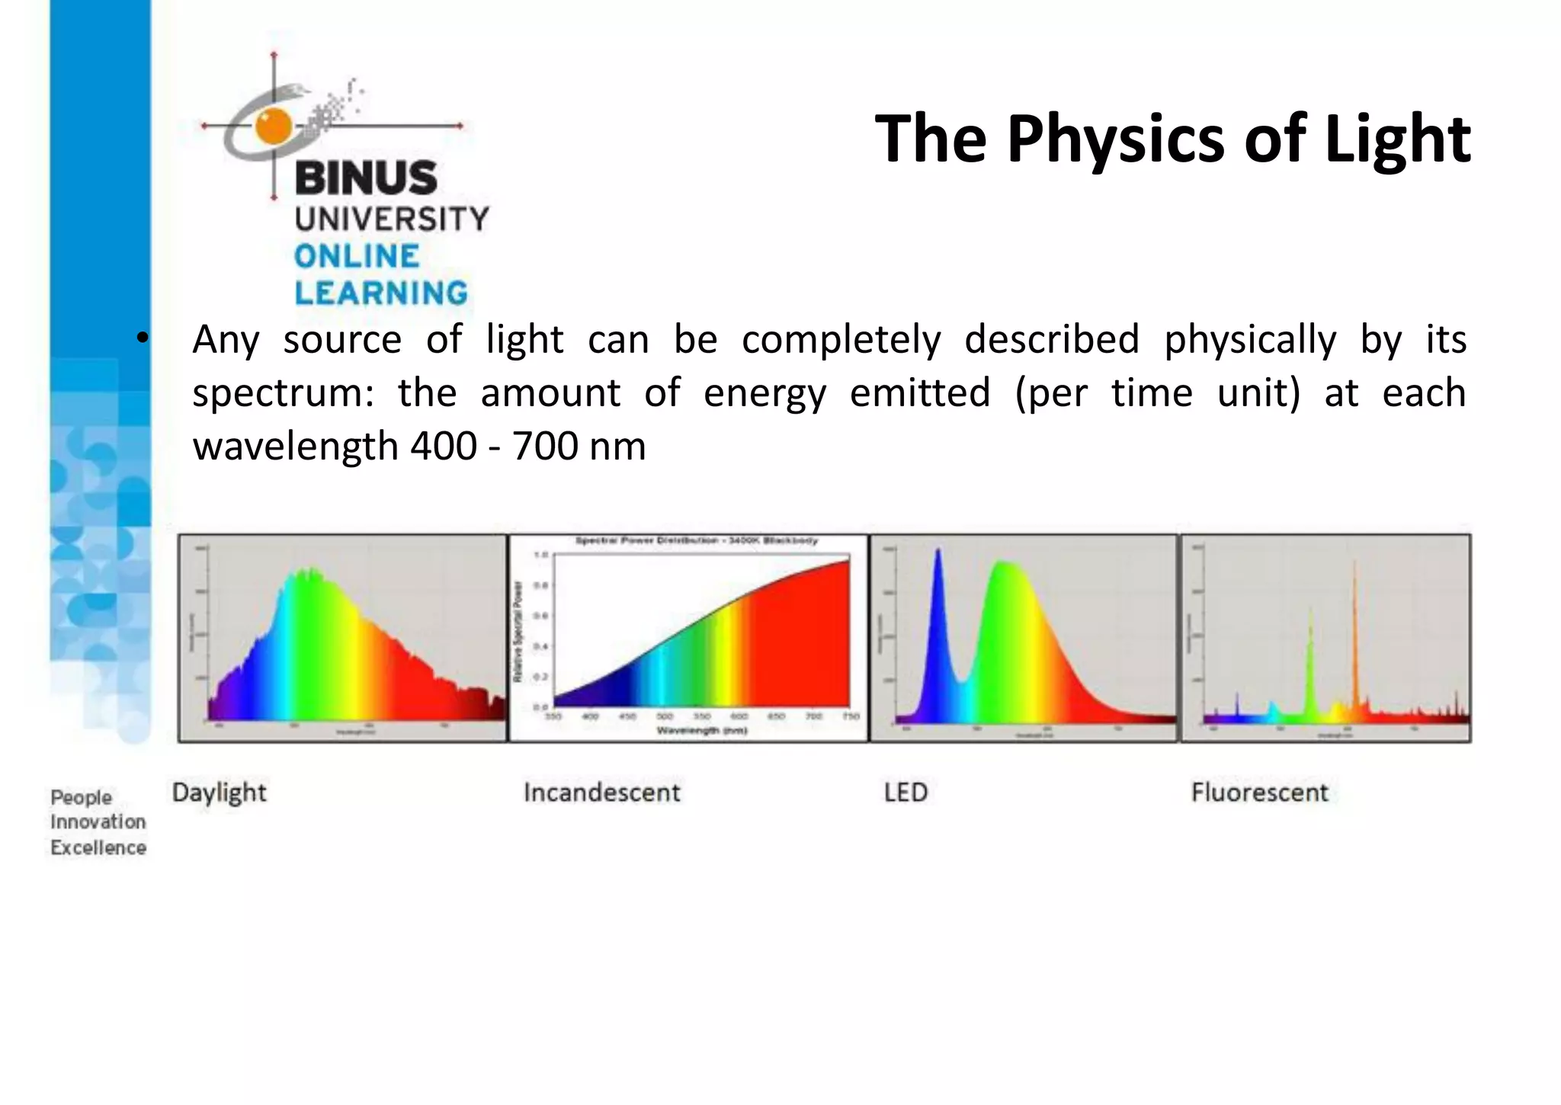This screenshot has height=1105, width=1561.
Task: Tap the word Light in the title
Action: (x=1397, y=139)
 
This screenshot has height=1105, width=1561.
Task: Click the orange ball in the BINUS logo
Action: (x=273, y=126)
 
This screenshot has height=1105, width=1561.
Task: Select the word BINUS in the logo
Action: (x=366, y=178)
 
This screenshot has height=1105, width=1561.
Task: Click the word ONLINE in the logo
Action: (x=357, y=256)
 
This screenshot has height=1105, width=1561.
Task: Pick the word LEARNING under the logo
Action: (x=381, y=293)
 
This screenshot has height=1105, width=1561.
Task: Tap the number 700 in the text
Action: (x=545, y=447)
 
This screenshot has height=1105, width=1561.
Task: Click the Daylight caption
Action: (x=220, y=793)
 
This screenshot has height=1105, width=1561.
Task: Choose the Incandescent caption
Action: (x=601, y=793)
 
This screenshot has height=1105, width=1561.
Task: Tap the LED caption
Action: (x=906, y=793)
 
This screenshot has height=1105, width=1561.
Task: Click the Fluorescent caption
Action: (x=1259, y=793)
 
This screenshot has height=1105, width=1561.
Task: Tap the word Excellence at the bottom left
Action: (x=98, y=847)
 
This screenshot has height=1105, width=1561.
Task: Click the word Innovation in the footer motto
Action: (x=98, y=822)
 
